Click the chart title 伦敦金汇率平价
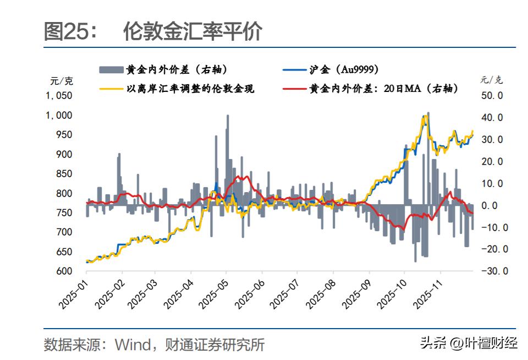[193, 32]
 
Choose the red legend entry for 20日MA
[384, 88]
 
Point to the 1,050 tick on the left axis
[58, 95]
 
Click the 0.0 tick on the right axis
[493, 205]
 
